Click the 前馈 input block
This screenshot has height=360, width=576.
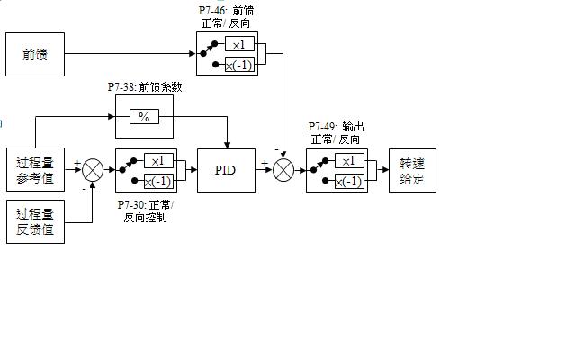pyautogui.click(x=35, y=55)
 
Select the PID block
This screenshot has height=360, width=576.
pyautogui.click(x=225, y=170)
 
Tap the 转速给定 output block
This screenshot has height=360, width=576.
pyautogui.click(x=418, y=171)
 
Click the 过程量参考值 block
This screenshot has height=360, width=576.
pyautogui.click(x=35, y=170)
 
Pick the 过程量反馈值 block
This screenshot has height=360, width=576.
pyautogui.click(x=35, y=221)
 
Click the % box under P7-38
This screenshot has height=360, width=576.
pyautogui.click(x=144, y=117)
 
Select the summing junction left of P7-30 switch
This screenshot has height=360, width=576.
pyautogui.click(x=93, y=170)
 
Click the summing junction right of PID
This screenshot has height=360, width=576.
pyautogui.click(x=284, y=169)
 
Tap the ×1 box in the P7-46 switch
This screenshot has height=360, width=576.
pyautogui.click(x=239, y=45)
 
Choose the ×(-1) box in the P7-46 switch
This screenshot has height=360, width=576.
pyautogui.click(x=239, y=64)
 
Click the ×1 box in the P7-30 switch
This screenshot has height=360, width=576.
pyautogui.click(x=158, y=160)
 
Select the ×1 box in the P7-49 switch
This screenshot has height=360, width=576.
pyautogui.click(x=349, y=161)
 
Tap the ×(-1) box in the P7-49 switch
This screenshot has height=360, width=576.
pyautogui.click(x=349, y=181)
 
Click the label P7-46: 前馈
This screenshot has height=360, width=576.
pyautogui.click(x=226, y=11)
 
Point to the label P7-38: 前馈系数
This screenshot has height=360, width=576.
pyautogui.click(x=145, y=86)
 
